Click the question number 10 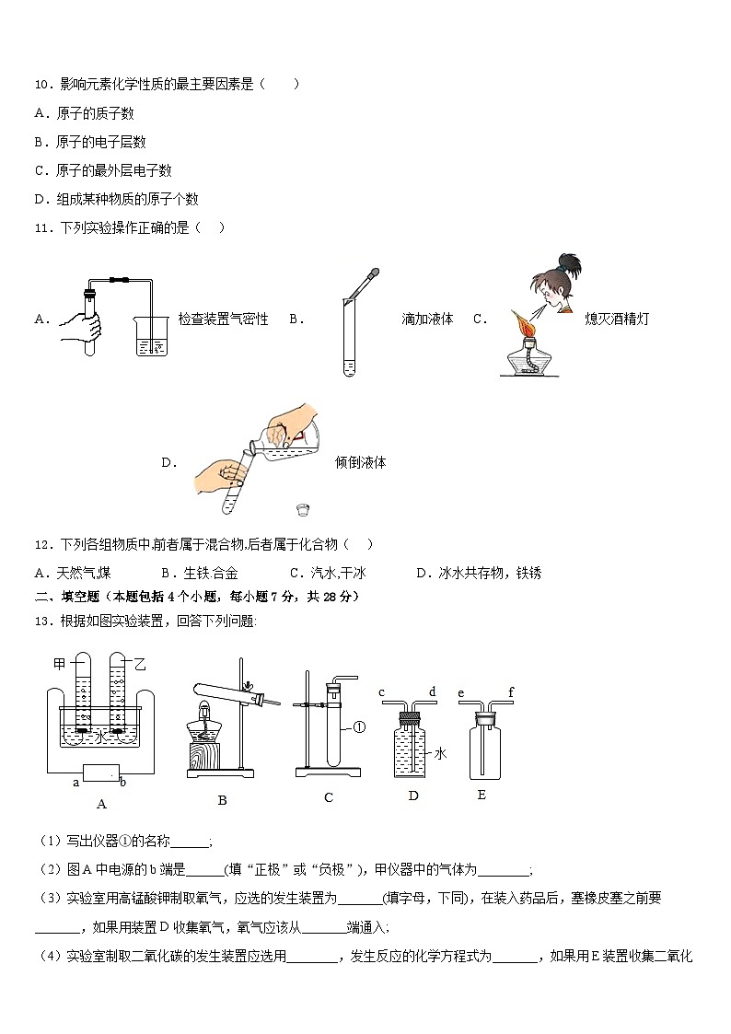click(x=41, y=85)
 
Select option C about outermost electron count click(x=103, y=170)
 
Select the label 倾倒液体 click(x=360, y=462)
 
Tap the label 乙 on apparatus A click(x=140, y=663)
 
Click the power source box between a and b click(x=101, y=773)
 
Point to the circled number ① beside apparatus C click(x=360, y=726)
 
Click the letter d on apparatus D click(x=432, y=693)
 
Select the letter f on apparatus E click(x=511, y=693)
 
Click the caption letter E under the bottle click(x=481, y=795)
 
